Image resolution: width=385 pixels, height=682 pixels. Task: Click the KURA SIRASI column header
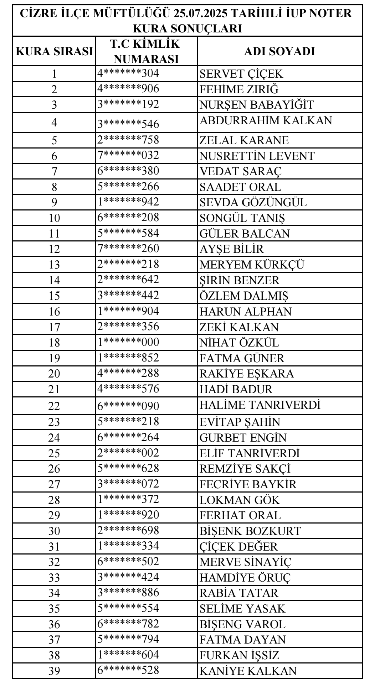pos(54,51)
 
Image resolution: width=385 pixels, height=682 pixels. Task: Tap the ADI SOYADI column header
pos(279,51)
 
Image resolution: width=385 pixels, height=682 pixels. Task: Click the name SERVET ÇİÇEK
pos(241,74)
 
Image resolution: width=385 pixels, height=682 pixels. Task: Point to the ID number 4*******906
pos(128,89)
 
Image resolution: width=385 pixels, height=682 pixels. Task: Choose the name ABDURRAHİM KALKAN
pos(266,121)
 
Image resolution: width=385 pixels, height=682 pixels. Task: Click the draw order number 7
pos(54,171)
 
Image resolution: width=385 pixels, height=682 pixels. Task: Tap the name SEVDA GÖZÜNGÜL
pos(253,202)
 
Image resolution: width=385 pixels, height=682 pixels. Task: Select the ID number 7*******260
pos(128,248)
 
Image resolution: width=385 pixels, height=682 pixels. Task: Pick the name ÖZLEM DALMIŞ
pos(244,296)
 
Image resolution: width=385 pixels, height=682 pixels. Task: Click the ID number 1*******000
pos(128,342)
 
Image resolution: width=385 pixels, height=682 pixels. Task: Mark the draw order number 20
pos(54,374)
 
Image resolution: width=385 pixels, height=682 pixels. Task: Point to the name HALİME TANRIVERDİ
pos(260,405)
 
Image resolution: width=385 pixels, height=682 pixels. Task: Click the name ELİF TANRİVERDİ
pos(250,453)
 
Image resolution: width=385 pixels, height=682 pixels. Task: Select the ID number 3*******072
pos(128,484)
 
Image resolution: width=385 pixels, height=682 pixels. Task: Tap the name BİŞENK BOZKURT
pos(250,531)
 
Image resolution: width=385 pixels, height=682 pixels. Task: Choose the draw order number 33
pos(54,578)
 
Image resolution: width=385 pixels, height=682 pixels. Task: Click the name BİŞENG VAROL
pos(243,624)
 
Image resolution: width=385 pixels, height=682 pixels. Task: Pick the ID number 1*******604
pos(128,655)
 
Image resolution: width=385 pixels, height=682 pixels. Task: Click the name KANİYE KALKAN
pos(248,671)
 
